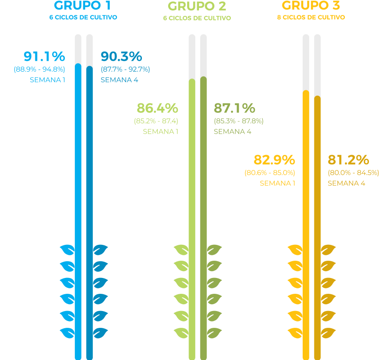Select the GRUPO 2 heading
tap(197, 6)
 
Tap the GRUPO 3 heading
tap(311, 6)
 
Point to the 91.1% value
tap(44, 57)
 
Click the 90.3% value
tap(121, 57)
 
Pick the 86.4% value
tap(157, 108)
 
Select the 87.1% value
tap(234, 108)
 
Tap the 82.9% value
tap(274, 160)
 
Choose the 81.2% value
tap(348, 160)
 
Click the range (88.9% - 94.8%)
tap(39, 69)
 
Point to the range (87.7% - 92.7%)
tap(125, 69)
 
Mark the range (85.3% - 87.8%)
tap(238, 121)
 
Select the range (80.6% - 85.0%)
tap(270, 173)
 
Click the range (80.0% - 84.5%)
tap(353, 173)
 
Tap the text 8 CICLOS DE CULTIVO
tap(311, 17)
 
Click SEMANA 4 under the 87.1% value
tap(232, 131)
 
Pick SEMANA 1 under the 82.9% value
tap(277, 183)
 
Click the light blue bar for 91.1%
tap(78, 204)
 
